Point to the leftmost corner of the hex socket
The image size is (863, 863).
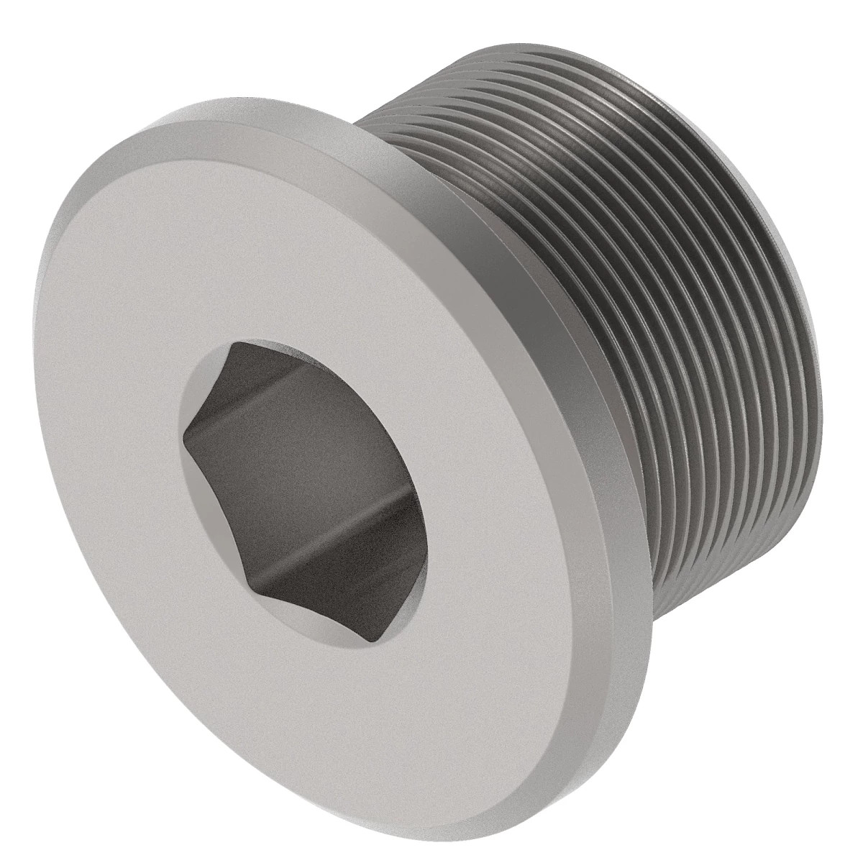pyautogui.click(x=184, y=432)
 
